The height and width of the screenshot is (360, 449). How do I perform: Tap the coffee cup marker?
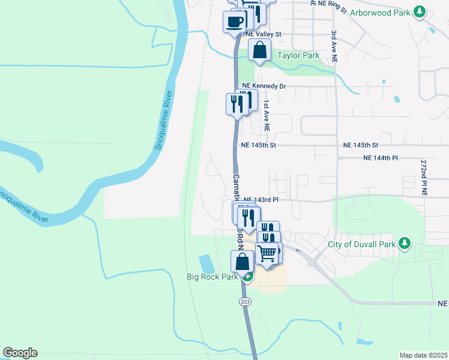(235, 22)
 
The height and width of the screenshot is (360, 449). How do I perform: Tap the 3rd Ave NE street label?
(334, 47)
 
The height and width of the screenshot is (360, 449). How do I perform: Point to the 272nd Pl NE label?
(423, 178)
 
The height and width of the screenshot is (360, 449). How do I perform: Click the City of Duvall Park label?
(361, 244)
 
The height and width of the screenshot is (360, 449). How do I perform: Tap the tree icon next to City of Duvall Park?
(405, 243)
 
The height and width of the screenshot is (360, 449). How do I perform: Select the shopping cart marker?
(267, 252)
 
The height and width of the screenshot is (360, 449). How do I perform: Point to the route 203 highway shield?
(244, 301)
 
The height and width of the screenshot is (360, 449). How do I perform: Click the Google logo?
(20, 353)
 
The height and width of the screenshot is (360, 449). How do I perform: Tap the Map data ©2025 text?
(423, 355)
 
